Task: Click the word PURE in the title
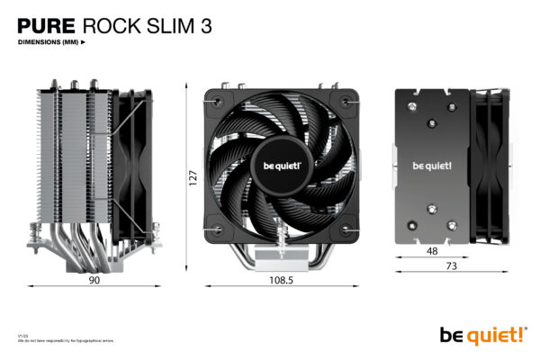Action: click(47, 26)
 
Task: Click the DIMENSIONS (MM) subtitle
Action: click(49, 42)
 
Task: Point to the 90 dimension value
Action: click(94, 280)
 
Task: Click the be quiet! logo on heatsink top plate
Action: click(431, 166)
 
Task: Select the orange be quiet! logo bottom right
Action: click(482, 335)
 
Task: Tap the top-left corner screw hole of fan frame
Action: click(212, 95)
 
